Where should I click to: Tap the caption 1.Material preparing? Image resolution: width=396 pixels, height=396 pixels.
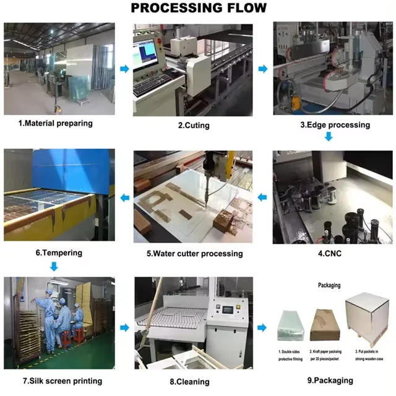tap(56, 123)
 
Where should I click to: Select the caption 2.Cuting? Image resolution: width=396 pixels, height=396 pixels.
tap(194, 126)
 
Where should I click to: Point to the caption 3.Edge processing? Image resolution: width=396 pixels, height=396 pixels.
tap(335, 125)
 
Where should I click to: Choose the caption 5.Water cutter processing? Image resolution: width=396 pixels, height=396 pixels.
tap(194, 254)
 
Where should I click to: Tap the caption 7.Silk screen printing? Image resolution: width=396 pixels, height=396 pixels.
tap(62, 381)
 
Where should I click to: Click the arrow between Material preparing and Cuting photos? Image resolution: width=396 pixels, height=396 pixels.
tap(124, 69)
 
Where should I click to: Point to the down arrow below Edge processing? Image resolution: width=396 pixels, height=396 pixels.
tap(329, 137)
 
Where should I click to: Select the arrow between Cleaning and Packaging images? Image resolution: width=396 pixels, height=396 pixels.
tap(262, 327)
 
